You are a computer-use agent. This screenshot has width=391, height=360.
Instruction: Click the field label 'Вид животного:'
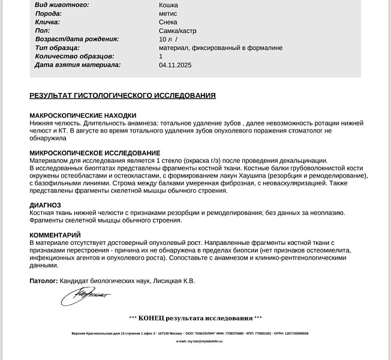[x=62, y=5]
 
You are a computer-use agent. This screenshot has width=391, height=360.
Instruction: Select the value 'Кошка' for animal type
[x=169, y=5]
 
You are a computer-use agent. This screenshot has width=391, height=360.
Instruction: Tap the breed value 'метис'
[x=169, y=13]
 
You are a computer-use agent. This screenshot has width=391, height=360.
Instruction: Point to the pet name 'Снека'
[x=169, y=22]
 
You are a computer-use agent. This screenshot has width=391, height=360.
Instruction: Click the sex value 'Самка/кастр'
[x=178, y=31]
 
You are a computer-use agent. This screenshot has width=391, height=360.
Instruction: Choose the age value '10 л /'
[x=169, y=39]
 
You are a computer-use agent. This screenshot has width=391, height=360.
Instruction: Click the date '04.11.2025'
[x=175, y=65]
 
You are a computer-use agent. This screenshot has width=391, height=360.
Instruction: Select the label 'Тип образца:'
[x=58, y=47]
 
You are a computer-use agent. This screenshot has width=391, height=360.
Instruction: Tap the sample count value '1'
[x=161, y=56]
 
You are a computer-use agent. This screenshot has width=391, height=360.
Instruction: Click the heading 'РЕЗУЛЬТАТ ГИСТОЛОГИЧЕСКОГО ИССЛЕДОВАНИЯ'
[x=122, y=95]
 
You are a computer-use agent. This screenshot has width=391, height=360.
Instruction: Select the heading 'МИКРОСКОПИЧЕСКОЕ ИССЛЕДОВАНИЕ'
[x=95, y=153]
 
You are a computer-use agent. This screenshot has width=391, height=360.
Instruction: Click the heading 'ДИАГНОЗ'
[x=45, y=205]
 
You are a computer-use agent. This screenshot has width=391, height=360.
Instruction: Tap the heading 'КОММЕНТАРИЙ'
[x=55, y=235]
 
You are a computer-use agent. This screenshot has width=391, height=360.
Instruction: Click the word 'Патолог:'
[x=43, y=280]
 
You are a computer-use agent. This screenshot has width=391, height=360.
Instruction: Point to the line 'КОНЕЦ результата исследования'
[x=196, y=317]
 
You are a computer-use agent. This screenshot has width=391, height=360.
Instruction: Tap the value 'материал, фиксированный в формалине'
[x=221, y=47]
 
